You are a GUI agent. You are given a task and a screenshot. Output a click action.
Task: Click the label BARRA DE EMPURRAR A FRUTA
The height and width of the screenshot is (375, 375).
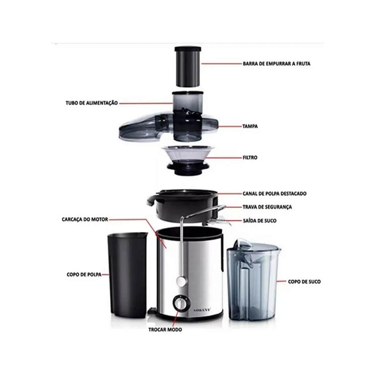point(276,64)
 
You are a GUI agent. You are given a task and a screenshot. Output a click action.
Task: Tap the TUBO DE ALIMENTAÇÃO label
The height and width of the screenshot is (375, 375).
point(92,103)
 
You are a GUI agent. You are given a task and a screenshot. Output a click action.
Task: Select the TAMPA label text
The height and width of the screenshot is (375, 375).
point(250,126)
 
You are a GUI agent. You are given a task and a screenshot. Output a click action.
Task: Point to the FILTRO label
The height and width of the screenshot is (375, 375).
point(250,157)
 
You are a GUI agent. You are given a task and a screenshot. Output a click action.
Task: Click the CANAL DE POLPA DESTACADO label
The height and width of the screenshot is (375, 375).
point(275,193)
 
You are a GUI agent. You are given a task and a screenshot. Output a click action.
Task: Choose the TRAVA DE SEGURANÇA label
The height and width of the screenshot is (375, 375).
point(267,207)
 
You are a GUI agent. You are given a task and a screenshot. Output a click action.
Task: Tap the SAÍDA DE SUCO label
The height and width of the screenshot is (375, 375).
point(260,220)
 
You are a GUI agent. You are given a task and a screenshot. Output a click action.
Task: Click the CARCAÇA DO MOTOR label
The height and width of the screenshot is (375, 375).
point(85,219)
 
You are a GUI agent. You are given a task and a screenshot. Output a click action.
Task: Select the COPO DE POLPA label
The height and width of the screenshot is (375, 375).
point(84,275)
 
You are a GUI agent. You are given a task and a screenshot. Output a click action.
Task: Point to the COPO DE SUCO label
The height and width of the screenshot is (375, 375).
point(304,282)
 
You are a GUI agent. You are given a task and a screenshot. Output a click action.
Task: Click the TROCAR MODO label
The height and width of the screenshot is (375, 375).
point(165,330)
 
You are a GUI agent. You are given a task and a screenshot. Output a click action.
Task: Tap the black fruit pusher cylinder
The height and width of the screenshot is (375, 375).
point(188,66)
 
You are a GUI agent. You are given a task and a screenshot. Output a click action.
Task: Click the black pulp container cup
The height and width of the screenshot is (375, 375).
point(127,275)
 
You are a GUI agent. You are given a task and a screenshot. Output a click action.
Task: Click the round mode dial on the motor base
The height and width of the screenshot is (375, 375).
point(179,304)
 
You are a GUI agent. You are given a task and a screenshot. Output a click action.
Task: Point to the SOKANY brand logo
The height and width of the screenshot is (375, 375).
point(202,310)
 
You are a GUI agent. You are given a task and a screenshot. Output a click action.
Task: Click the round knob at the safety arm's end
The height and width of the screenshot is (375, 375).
point(181,281)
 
